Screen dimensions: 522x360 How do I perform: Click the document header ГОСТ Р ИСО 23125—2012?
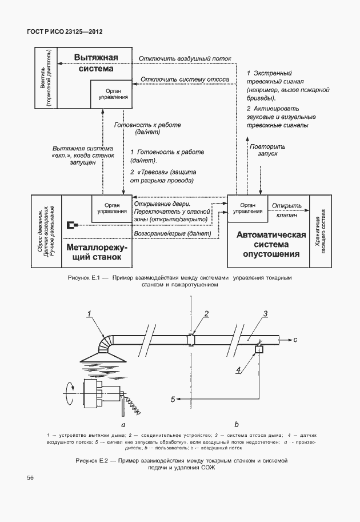point(60,33)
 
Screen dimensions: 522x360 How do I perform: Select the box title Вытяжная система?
point(96,63)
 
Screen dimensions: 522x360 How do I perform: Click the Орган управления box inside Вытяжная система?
point(113,94)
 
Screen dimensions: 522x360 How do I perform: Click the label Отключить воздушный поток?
point(185,58)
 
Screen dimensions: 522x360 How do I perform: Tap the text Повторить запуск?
point(263,150)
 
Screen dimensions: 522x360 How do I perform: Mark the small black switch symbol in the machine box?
point(71,225)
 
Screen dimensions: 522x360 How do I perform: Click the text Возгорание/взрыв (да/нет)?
point(172,234)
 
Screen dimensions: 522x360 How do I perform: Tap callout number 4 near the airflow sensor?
point(239,370)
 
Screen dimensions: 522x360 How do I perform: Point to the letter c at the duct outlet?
point(295,340)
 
